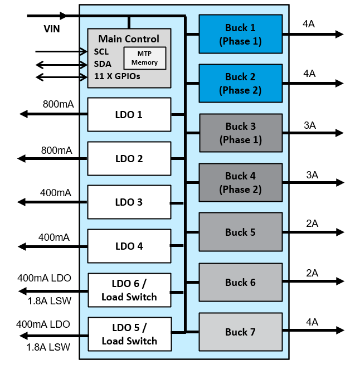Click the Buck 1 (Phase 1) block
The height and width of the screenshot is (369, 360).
pos(240,34)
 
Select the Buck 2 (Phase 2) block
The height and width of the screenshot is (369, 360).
pos(240,83)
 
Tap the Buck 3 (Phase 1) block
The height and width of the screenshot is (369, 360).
pos(240,133)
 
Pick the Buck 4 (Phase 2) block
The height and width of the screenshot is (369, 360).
pos(240,182)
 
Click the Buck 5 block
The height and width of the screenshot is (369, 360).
pos(240,232)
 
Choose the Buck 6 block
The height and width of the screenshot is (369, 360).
pos(240,282)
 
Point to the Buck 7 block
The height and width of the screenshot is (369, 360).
pos(240,332)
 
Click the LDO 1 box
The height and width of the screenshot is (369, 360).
pos(129,115)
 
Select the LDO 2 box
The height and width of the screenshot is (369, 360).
pos(129,158)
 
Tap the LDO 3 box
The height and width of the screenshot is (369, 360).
pos(129,202)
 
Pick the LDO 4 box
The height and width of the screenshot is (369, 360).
pos(129,246)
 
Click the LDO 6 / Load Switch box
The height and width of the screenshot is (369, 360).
pos(129,290)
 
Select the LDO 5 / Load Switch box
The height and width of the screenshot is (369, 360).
pos(129,334)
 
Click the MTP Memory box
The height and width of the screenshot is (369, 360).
pos(144,58)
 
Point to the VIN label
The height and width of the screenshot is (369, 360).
pos(52,28)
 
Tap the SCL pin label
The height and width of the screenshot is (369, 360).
pos(101,52)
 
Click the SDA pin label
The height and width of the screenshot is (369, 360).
pos(103,64)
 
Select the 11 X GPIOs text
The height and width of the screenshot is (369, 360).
pos(117,76)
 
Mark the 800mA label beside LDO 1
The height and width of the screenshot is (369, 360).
pos(58,104)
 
